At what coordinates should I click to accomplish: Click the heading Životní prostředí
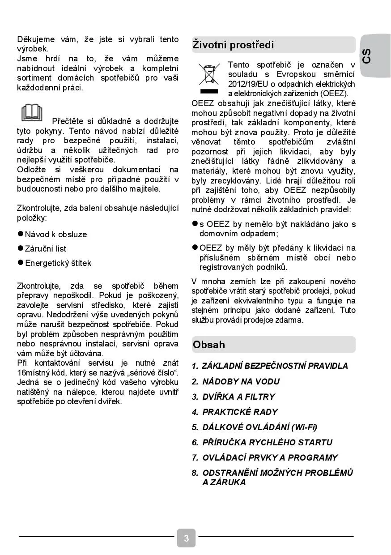click(233, 45)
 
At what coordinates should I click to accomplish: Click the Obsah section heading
click(209, 345)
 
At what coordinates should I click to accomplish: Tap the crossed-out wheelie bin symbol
click(208, 75)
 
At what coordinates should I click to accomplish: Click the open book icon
click(32, 113)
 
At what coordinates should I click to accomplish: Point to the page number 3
click(186, 538)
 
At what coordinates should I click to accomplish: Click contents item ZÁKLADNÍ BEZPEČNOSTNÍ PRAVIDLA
click(275, 366)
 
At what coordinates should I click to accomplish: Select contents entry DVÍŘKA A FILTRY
click(238, 397)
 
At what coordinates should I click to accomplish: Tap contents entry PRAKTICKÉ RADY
click(240, 412)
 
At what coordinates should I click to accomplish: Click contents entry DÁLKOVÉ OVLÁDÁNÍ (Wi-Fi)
click(259, 427)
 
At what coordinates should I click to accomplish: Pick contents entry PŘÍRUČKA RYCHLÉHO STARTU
click(267, 442)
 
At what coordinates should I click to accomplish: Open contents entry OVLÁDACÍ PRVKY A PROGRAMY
click(270, 457)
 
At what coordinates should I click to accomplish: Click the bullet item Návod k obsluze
click(55, 235)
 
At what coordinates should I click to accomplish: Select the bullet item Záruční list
click(45, 249)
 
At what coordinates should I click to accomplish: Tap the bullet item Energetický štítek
click(58, 263)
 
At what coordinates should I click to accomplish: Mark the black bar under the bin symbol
click(208, 91)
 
